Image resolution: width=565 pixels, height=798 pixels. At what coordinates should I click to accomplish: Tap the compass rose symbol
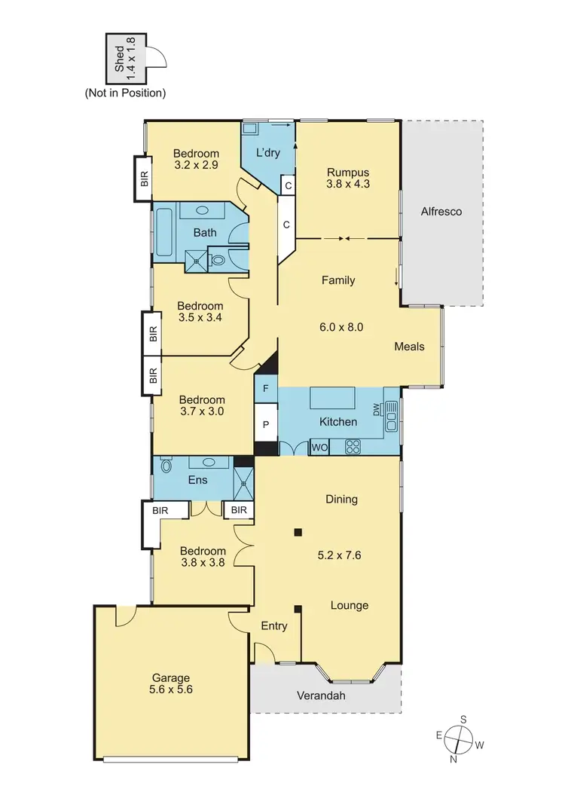[460, 738]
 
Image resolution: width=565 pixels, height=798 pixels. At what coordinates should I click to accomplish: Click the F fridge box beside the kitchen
[266, 389]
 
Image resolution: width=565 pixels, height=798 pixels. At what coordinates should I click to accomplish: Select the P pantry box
[266, 424]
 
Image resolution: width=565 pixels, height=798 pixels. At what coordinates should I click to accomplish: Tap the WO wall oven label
[319, 448]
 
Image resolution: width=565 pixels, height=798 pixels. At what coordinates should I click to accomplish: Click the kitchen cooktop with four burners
[353, 447]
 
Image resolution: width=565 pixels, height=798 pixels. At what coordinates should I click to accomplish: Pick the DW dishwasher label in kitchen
[378, 409]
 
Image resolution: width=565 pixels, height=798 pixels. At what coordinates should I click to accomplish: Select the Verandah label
[321, 696]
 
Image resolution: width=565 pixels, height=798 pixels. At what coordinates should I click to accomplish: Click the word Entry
[273, 626]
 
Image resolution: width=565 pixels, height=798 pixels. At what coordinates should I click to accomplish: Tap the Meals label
[409, 347]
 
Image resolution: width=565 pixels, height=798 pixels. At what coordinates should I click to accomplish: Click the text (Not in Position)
[125, 93]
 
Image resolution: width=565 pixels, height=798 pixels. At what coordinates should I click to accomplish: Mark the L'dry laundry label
[268, 152]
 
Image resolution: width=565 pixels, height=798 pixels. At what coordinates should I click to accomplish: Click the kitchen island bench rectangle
[339, 398]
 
